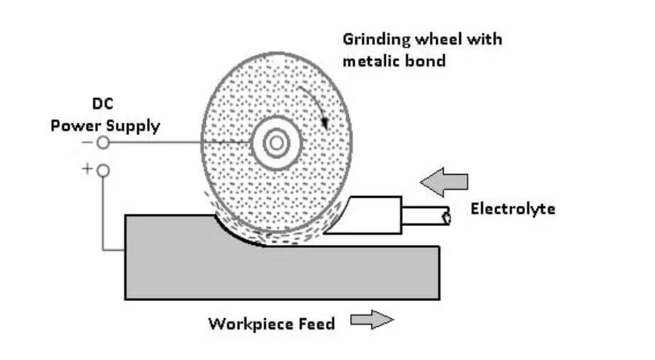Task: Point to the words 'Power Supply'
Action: coord(105,126)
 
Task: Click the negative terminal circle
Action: coord(103,143)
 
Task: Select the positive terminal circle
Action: coord(103,170)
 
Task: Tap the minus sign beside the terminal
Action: coord(87,143)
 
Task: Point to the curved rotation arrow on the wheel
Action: coord(317,107)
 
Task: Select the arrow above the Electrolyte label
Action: coord(444,182)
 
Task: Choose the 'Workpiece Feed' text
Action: coord(271,324)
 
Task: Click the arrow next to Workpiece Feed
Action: coord(372,321)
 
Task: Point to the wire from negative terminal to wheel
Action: coord(178,143)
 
